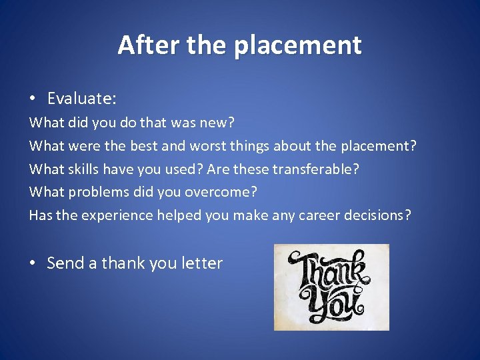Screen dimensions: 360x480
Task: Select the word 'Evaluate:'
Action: pyautogui.click(x=82, y=99)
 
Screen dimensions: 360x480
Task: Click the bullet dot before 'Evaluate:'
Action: pyautogui.click(x=32, y=99)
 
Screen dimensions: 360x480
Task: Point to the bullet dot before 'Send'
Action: pyautogui.click(x=32, y=263)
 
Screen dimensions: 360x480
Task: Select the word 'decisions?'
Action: pyautogui.click(x=378, y=215)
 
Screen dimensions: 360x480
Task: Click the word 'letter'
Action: pyautogui.click(x=201, y=263)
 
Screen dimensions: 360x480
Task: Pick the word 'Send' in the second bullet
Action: pyautogui.click(x=65, y=263)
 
